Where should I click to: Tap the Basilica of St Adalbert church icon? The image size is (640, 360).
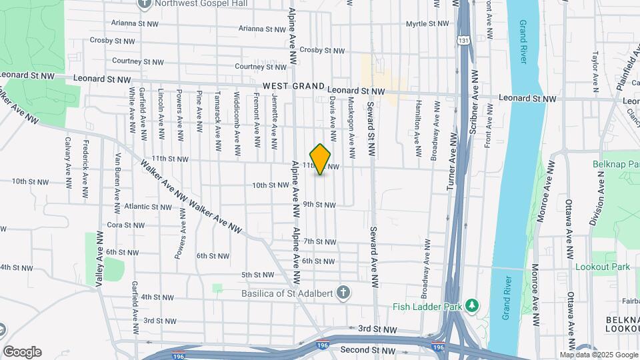(343, 293)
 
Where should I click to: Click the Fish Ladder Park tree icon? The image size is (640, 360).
(473, 305)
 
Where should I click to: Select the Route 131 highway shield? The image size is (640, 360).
(463, 41)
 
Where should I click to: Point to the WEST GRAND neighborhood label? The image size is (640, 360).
(293, 87)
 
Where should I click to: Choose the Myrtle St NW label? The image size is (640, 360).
(429, 23)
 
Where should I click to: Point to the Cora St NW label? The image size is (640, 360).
(126, 225)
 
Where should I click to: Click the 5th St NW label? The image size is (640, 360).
(258, 275)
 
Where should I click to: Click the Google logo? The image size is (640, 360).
(22, 352)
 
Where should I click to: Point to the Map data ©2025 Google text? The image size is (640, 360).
(598, 355)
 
